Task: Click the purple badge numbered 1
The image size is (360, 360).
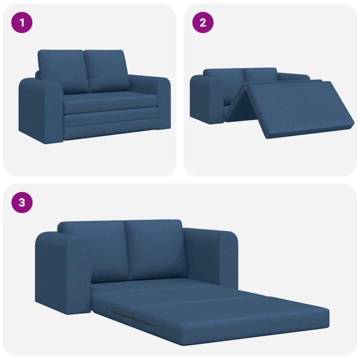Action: click(x=22, y=23)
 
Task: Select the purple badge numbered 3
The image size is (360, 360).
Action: click(x=22, y=202)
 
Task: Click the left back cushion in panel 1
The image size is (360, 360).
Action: click(x=61, y=69)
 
